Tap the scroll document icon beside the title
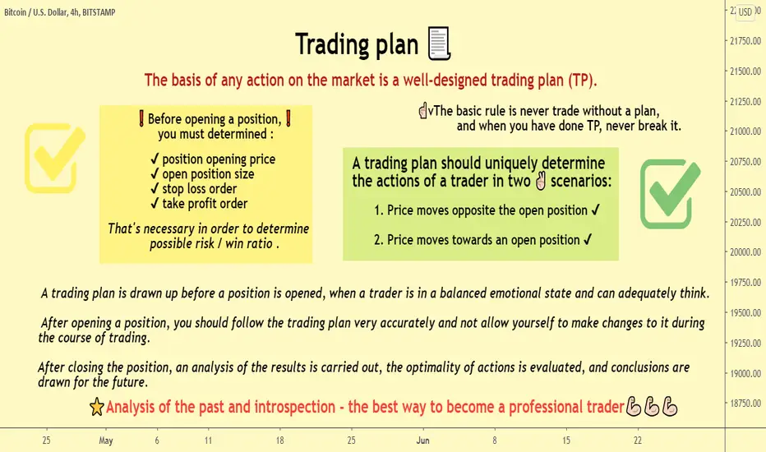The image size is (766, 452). point(439,44)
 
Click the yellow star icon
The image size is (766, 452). point(97,407)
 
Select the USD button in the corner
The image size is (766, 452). point(745,12)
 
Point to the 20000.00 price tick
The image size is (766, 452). point(745,252)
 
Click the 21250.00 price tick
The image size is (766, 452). point(745,102)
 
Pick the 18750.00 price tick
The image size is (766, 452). point(745,404)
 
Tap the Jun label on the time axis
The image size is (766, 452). point(422,440)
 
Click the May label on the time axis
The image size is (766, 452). point(106,440)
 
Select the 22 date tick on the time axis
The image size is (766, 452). point(638,440)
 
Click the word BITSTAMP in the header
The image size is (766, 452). point(99,12)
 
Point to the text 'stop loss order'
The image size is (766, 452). point(200,189)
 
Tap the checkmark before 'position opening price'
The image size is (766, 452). point(155,159)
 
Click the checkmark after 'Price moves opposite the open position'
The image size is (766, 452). point(596,210)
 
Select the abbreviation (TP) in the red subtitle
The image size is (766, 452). point(581,80)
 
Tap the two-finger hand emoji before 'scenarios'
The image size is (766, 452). point(540,181)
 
